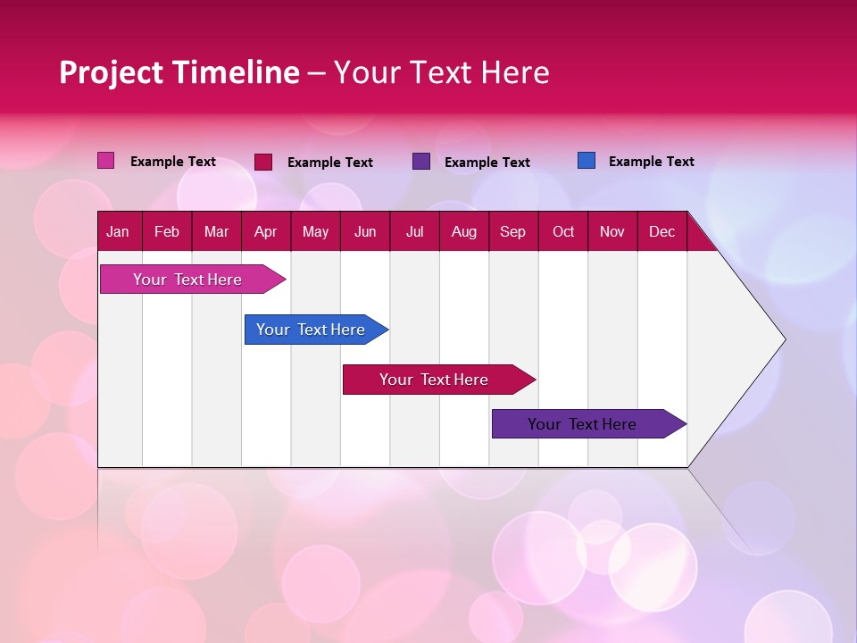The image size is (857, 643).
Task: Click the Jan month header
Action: (118, 231)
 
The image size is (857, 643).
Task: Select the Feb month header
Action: (167, 231)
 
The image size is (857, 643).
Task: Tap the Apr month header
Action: (265, 231)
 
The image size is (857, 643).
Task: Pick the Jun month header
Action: (365, 231)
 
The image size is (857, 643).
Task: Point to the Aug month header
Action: (463, 231)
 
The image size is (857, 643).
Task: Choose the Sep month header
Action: (512, 231)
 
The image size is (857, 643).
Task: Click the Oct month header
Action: (563, 231)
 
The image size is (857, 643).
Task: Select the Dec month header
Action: (661, 231)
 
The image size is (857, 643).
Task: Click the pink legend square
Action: (105, 161)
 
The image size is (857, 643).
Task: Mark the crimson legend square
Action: (263, 162)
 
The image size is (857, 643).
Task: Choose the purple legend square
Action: (421, 162)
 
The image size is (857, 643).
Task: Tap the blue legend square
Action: (587, 161)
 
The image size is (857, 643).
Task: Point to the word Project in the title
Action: (110, 72)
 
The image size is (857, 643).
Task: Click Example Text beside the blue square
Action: (651, 162)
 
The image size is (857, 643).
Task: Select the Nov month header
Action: (612, 231)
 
